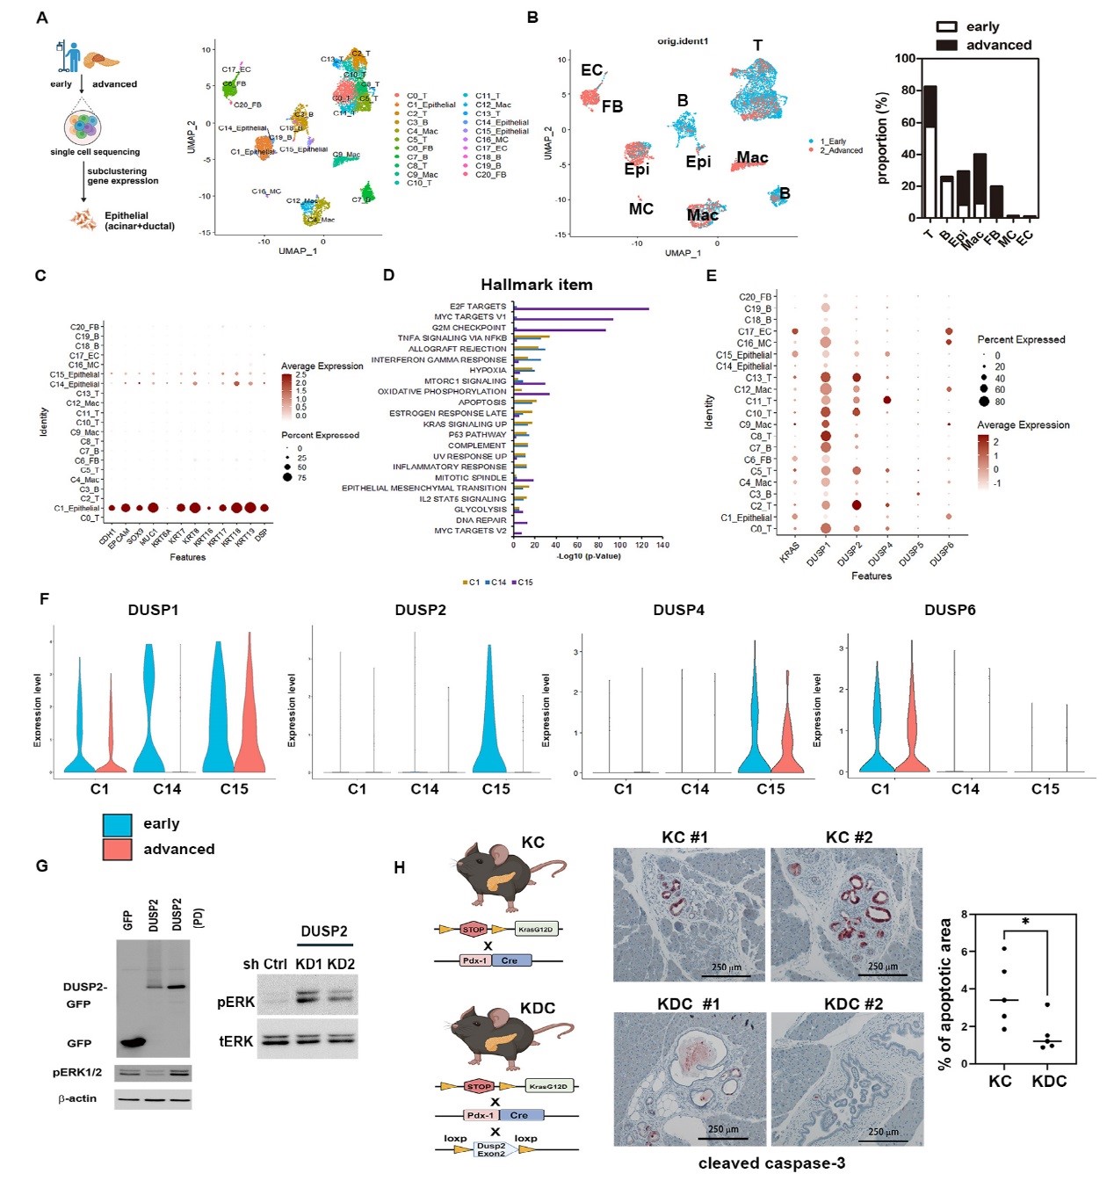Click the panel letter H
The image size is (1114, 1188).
[399, 868]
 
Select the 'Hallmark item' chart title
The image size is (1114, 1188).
[536, 285]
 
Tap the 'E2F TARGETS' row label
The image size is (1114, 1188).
[478, 307]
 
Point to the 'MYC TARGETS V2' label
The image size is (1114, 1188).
[470, 531]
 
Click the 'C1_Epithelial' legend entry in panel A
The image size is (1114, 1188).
[430, 105]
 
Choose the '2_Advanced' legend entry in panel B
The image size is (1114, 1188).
[841, 150]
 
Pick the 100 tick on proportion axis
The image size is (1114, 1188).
[905, 59]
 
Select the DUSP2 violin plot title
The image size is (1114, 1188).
[420, 610]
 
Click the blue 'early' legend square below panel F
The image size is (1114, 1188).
[117, 824]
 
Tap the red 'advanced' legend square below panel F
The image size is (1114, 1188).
[117, 850]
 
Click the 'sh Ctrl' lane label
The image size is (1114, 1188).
[264, 964]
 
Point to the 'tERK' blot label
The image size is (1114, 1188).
[235, 1041]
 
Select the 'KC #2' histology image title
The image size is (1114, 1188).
[849, 837]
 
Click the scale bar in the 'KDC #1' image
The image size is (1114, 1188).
[723, 1139]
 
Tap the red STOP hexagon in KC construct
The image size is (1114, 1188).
[474, 929]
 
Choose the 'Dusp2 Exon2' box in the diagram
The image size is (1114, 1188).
[491, 1149]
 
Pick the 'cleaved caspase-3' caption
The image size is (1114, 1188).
[771, 1163]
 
